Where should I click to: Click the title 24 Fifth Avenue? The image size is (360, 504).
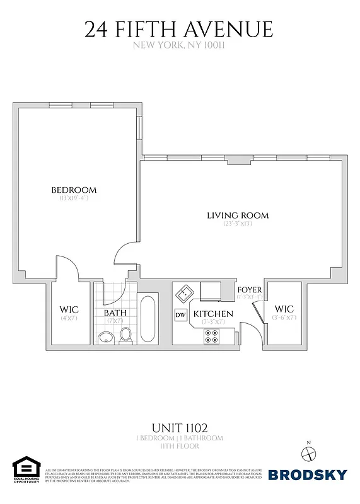pyautogui.click(x=179, y=30)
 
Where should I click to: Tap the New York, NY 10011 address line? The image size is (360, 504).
pyautogui.click(x=179, y=46)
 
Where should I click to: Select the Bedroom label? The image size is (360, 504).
pyautogui.click(x=74, y=190)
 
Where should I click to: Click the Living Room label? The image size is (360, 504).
pyautogui.click(x=238, y=215)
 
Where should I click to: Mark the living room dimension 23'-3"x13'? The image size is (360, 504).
pyautogui.click(x=238, y=224)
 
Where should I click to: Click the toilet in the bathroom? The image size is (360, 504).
pyautogui.click(x=125, y=335)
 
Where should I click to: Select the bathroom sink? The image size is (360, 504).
pyautogui.click(x=105, y=336)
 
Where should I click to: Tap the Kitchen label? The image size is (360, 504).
pyautogui.click(x=213, y=314)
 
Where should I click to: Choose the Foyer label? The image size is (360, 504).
pyautogui.click(x=250, y=289)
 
